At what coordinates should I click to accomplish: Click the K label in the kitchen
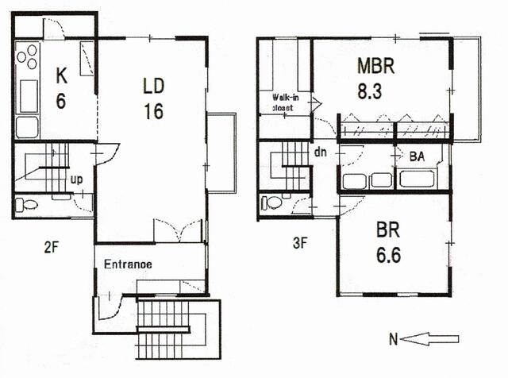(62, 76)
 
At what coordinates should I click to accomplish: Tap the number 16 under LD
(153, 111)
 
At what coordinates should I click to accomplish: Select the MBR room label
(375, 66)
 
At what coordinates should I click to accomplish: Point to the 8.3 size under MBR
(370, 91)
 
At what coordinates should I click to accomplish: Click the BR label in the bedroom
(388, 229)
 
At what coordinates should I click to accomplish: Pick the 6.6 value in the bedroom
(388, 254)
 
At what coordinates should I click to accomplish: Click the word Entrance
(128, 264)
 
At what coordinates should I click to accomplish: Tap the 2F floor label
(51, 248)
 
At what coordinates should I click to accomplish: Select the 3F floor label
(300, 243)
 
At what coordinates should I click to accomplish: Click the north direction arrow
(429, 339)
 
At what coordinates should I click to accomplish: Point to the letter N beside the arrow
(393, 339)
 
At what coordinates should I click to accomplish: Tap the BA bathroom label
(417, 157)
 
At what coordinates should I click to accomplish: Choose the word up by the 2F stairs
(76, 180)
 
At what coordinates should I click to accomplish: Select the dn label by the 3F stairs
(321, 152)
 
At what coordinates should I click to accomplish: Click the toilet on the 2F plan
(27, 205)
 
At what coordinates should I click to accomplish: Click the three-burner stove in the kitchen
(27, 57)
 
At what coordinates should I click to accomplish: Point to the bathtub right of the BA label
(417, 179)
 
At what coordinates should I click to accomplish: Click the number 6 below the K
(61, 101)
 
